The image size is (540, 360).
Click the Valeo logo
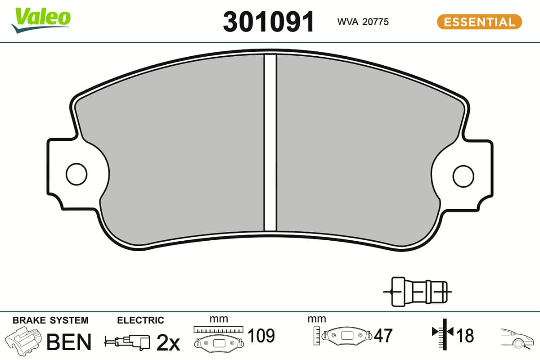pos(41,20)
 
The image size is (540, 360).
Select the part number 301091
pos(269,22)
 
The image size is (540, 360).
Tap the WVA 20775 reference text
pos(363,22)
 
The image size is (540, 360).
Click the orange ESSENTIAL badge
pos(479,22)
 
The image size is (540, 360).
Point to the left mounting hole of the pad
pos(76,174)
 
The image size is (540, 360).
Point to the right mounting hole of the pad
pos(463,176)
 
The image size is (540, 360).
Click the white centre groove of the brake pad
pos(270,143)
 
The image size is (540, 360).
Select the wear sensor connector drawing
pos(417,292)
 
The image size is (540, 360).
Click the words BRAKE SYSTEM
pos(50,320)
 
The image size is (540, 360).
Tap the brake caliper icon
pos(23,342)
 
